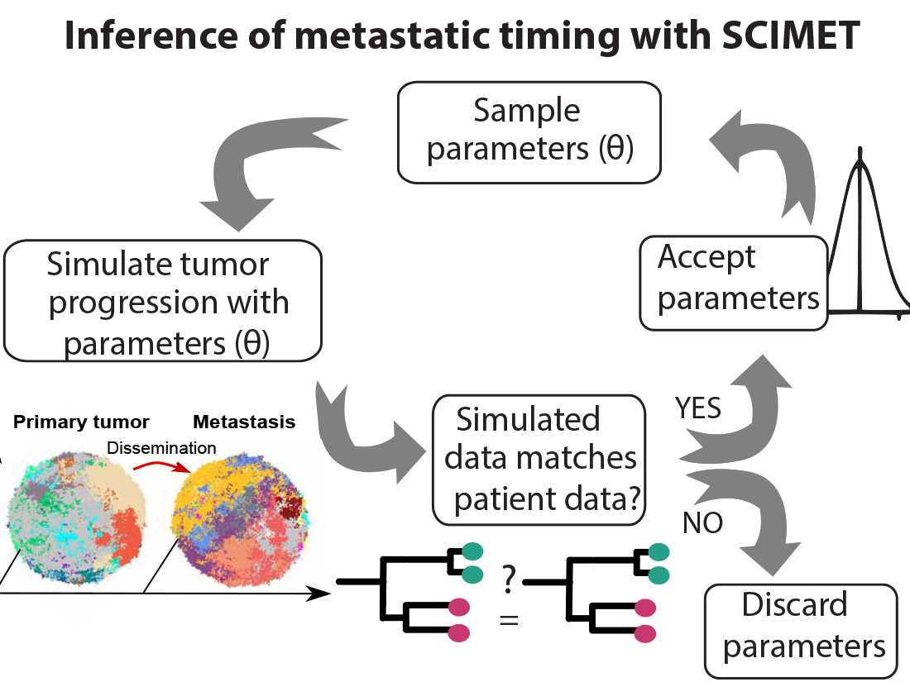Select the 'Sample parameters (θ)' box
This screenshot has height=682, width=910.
click(529, 131)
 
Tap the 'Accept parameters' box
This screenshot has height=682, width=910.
click(734, 282)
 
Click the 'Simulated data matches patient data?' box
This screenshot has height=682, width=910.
click(539, 460)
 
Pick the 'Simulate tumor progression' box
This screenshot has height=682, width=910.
click(163, 302)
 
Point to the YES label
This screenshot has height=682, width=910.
click(697, 408)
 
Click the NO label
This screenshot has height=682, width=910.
click(702, 522)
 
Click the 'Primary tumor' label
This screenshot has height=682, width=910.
click(81, 422)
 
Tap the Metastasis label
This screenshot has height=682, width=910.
click(244, 422)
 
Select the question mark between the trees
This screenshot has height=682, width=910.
click(508, 583)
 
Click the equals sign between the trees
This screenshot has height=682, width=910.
click(509, 618)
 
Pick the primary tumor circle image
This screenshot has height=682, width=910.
click(78, 512)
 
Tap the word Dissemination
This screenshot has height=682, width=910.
click(162, 447)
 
